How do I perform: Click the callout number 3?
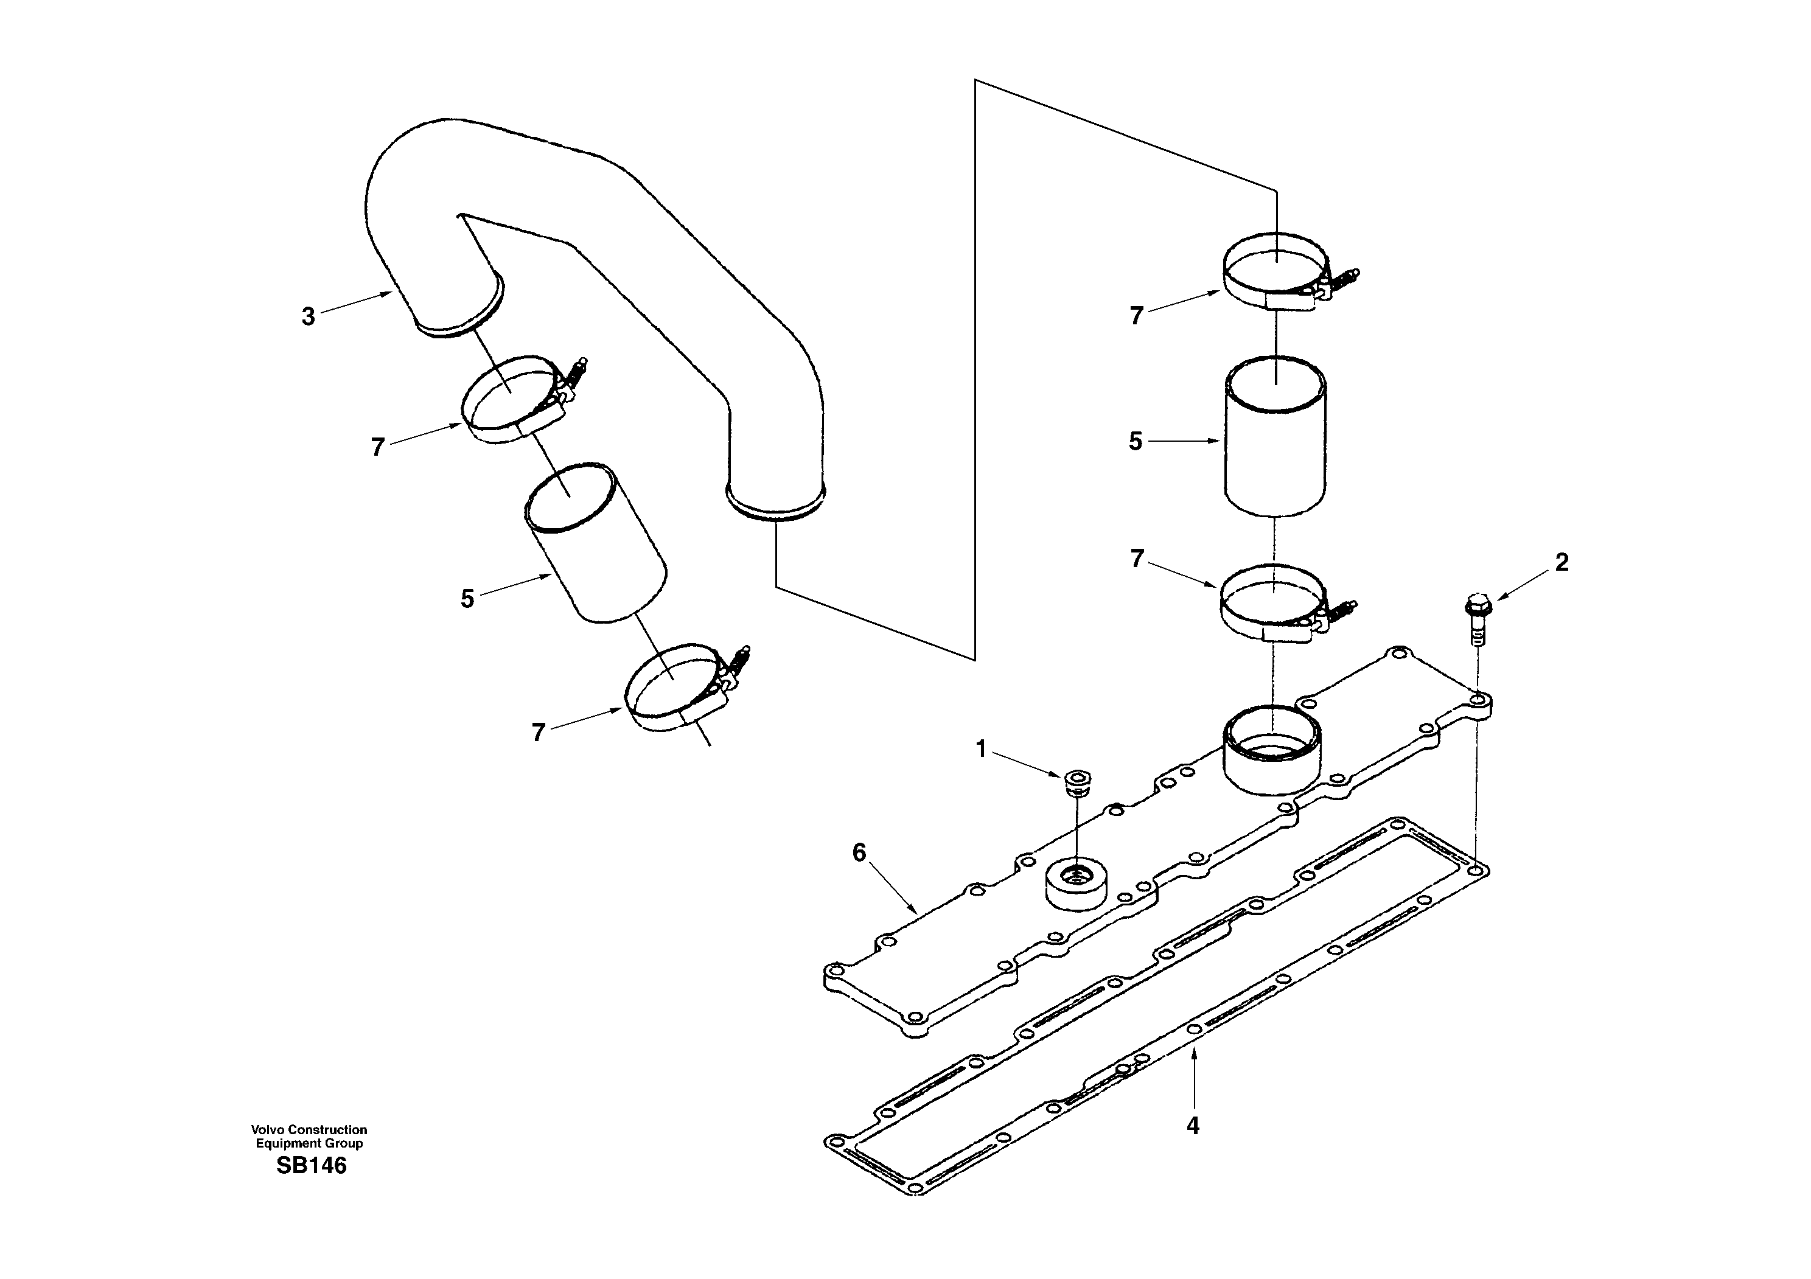tap(308, 317)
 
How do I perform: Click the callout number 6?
tap(859, 852)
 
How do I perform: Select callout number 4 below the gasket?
tap(1193, 1126)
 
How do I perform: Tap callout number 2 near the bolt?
tap(1562, 562)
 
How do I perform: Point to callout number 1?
tap(981, 749)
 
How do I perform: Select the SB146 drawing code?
tap(311, 1165)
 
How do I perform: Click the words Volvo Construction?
tap(309, 1130)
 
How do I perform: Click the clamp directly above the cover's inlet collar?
tap(1278, 603)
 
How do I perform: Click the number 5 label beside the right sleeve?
tap(1135, 442)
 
